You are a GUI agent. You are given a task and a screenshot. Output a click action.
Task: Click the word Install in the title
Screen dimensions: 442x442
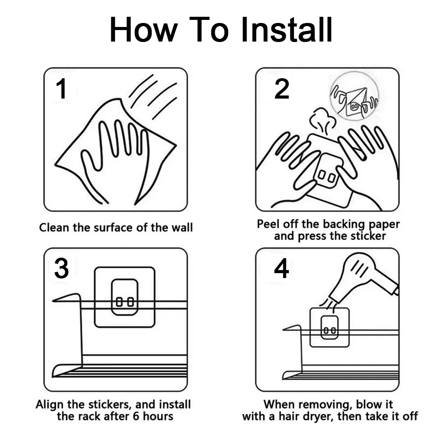287,29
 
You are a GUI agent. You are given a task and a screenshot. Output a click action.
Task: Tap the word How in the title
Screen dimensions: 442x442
144,29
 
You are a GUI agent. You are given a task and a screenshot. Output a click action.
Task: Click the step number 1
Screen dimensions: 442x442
62,89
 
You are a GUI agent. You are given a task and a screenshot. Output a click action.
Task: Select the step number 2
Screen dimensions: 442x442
282,89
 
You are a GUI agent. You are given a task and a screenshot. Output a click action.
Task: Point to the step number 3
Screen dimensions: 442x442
61,268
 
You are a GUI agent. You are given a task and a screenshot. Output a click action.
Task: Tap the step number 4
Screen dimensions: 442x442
281,268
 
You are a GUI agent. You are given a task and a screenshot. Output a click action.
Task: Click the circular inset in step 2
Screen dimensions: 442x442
354,96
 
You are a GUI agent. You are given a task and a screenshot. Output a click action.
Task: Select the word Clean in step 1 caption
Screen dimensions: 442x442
54,228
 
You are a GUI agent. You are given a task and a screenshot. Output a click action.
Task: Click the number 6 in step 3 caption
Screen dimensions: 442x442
136,416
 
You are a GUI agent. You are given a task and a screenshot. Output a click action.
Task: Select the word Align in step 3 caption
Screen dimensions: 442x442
50,405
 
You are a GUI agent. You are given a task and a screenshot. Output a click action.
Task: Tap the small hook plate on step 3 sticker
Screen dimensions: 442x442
125,297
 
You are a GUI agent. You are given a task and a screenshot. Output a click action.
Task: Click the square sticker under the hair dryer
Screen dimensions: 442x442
330,327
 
